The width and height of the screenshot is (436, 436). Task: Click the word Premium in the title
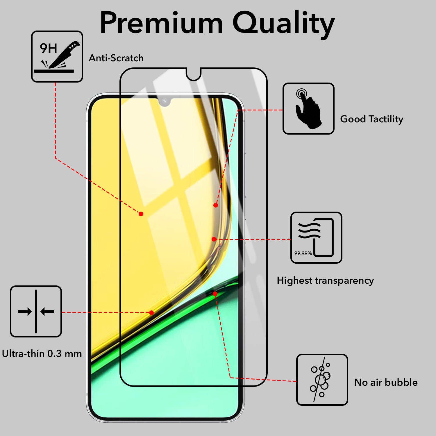click(162, 23)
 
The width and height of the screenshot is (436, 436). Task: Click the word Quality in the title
click(283, 23)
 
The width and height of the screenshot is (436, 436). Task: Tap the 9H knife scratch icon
click(57, 56)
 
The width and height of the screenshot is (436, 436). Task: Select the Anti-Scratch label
click(116, 58)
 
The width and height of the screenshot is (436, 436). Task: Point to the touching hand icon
click(308, 109)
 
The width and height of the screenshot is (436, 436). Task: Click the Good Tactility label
click(371, 119)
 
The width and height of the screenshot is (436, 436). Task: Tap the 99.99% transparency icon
click(316, 238)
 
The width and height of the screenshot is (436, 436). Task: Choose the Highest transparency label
click(325, 280)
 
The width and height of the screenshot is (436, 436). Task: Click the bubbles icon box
click(322, 380)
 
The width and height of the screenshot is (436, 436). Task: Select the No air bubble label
click(386, 382)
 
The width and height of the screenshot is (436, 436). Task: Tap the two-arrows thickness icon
click(36, 312)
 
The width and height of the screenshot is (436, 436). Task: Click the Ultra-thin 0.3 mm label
click(42, 354)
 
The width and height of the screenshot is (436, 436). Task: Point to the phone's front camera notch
click(165, 101)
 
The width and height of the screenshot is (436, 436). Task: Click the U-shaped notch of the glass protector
click(194, 75)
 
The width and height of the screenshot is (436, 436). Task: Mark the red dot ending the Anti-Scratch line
click(141, 214)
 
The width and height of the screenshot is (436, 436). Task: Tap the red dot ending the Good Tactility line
click(216, 205)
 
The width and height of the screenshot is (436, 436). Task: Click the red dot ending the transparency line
click(214, 239)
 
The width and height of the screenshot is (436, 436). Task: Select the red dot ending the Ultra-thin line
click(151, 313)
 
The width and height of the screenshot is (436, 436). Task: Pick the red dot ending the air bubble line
click(215, 294)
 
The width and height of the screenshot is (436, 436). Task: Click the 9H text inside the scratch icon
click(48, 48)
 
